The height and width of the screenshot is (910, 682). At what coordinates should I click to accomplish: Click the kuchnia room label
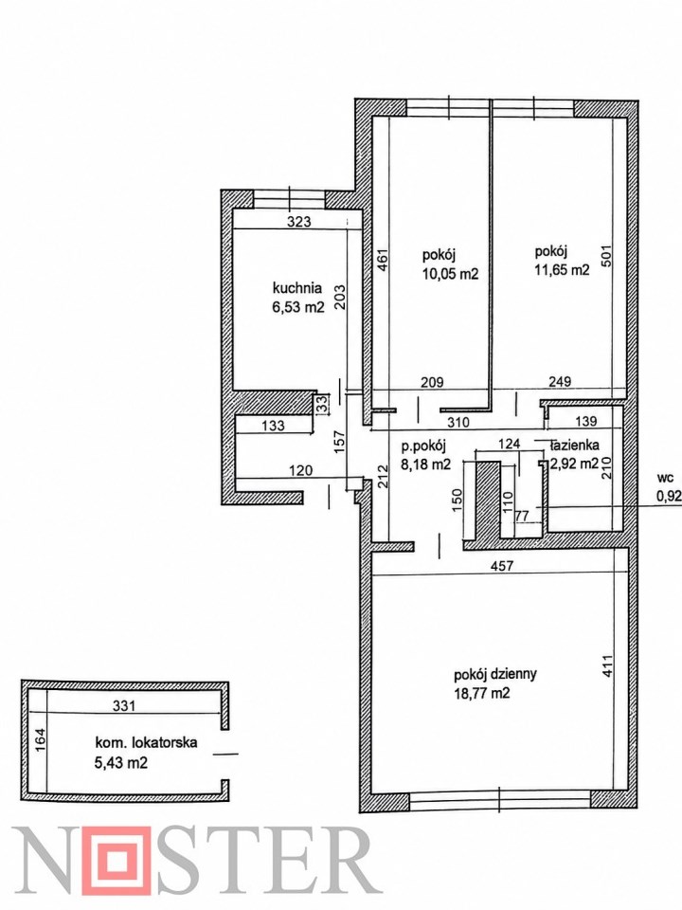[296, 288]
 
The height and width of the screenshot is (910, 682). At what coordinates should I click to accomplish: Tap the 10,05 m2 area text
[451, 274]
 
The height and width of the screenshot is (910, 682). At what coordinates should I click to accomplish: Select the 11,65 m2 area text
[562, 270]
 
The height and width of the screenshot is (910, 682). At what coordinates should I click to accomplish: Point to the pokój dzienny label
[495, 674]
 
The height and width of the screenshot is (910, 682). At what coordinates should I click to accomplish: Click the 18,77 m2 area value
[482, 693]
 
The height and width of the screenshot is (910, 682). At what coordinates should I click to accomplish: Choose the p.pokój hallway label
[423, 446]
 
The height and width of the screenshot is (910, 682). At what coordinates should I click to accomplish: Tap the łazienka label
[574, 446]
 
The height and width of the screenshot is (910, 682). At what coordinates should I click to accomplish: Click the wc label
[665, 478]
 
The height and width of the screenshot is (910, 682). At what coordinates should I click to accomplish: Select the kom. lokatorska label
[146, 741]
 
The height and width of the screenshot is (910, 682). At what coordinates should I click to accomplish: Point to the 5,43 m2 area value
[120, 761]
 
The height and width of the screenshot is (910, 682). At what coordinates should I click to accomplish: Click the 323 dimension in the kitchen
[299, 221]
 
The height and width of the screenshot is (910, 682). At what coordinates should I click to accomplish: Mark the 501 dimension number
[607, 256]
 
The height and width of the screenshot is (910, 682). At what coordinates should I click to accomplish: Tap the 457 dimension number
[502, 565]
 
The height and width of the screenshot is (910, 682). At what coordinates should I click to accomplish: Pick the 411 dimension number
[607, 666]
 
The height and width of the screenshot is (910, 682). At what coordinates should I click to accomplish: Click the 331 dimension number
[123, 705]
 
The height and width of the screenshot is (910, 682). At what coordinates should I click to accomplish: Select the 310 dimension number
[458, 422]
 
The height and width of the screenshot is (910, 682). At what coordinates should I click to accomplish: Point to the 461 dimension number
[382, 260]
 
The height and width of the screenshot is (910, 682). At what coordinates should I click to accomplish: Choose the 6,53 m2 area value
[298, 307]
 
